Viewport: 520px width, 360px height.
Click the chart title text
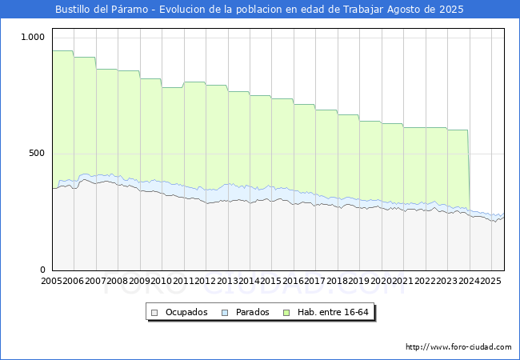[x=259, y=10]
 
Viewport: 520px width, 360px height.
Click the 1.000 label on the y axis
[x=33, y=38]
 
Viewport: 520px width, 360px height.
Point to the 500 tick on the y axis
[x=36, y=154]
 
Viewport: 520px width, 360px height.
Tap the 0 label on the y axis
[x=43, y=270]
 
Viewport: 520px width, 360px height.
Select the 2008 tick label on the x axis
[x=117, y=282]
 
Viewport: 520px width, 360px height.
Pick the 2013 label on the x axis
[x=227, y=282]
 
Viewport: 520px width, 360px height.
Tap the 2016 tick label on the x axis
[x=293, y=282]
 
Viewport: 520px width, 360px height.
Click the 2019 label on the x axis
[x=358, y=282]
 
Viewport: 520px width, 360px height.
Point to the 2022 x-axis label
[x=425, y=282]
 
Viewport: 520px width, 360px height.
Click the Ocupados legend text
[x=186, y=312]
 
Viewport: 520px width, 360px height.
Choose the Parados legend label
[x=252, y=312]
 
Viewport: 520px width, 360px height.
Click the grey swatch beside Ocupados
[x=155, y=312]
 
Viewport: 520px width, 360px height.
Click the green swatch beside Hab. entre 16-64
[x=293, y=312]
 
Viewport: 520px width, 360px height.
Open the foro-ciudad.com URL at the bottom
[x=458, y=347]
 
